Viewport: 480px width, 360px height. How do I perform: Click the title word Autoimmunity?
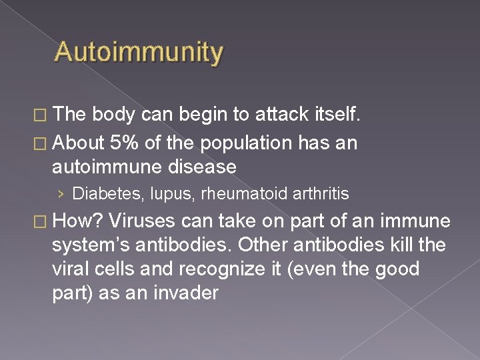click(x=139, y=51)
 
